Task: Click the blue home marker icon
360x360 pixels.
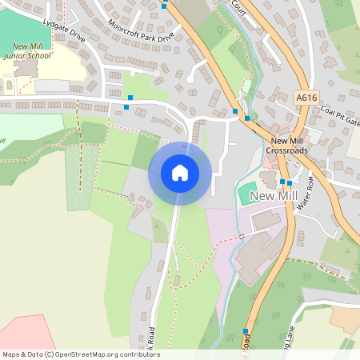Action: (180, 173)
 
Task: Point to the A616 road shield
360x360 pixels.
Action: (304, 97)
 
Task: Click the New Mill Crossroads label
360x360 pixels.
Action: (285, 147)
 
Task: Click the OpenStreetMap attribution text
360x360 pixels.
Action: (81, 354)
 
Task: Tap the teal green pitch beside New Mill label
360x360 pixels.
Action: (247, 193)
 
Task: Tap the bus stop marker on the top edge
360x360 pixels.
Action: (164, 6)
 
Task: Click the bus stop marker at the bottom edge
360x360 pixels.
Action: (245, 332)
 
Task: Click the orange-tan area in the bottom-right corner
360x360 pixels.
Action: (346, 318)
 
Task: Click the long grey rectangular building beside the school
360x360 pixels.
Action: (51, 85)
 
